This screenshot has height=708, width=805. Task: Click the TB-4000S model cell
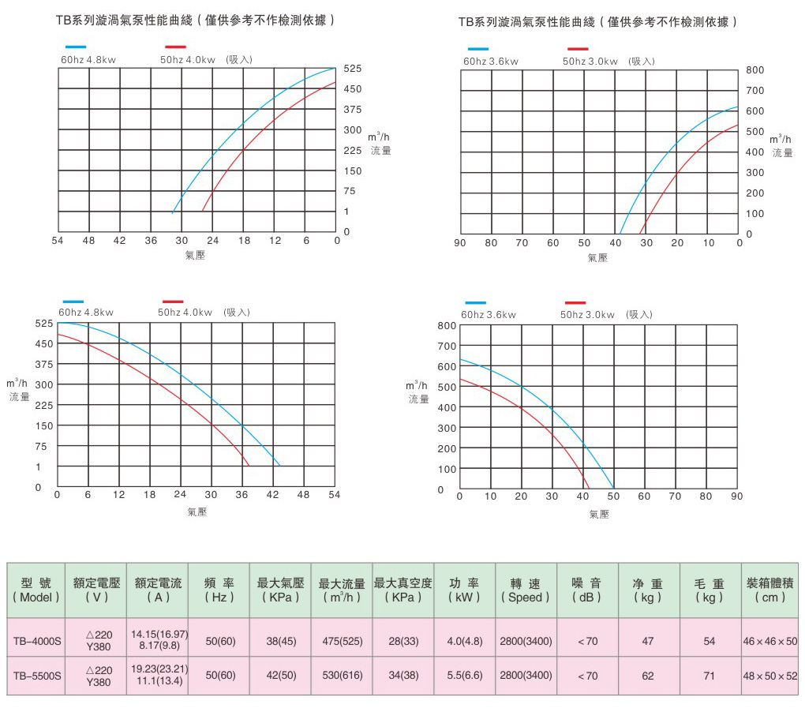[x=36, y=641]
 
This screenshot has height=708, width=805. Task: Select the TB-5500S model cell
[x=36, y=676]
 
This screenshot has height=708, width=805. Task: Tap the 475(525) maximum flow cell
[x=342, y=641]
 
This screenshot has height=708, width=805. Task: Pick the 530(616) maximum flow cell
[x=342, y=676]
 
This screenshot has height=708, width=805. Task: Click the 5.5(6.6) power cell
[x=465, y=676]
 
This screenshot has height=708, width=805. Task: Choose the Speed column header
[x=526, y=590]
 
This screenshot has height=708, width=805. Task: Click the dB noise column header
[x=587, y=590]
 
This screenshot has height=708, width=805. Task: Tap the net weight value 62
[x=648, y=676]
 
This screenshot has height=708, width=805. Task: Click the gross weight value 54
[x=709, y=641]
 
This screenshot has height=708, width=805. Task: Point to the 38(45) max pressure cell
[x=280, y=641]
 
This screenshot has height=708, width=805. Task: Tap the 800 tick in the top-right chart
[x=755, y=70]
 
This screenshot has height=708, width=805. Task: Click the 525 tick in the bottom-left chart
[x=43, y=324]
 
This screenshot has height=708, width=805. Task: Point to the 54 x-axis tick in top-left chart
[x=58, y=241]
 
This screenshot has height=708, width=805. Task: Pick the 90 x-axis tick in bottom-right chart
[x=737, y=496]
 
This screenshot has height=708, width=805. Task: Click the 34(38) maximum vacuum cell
[x=402, y=676]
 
